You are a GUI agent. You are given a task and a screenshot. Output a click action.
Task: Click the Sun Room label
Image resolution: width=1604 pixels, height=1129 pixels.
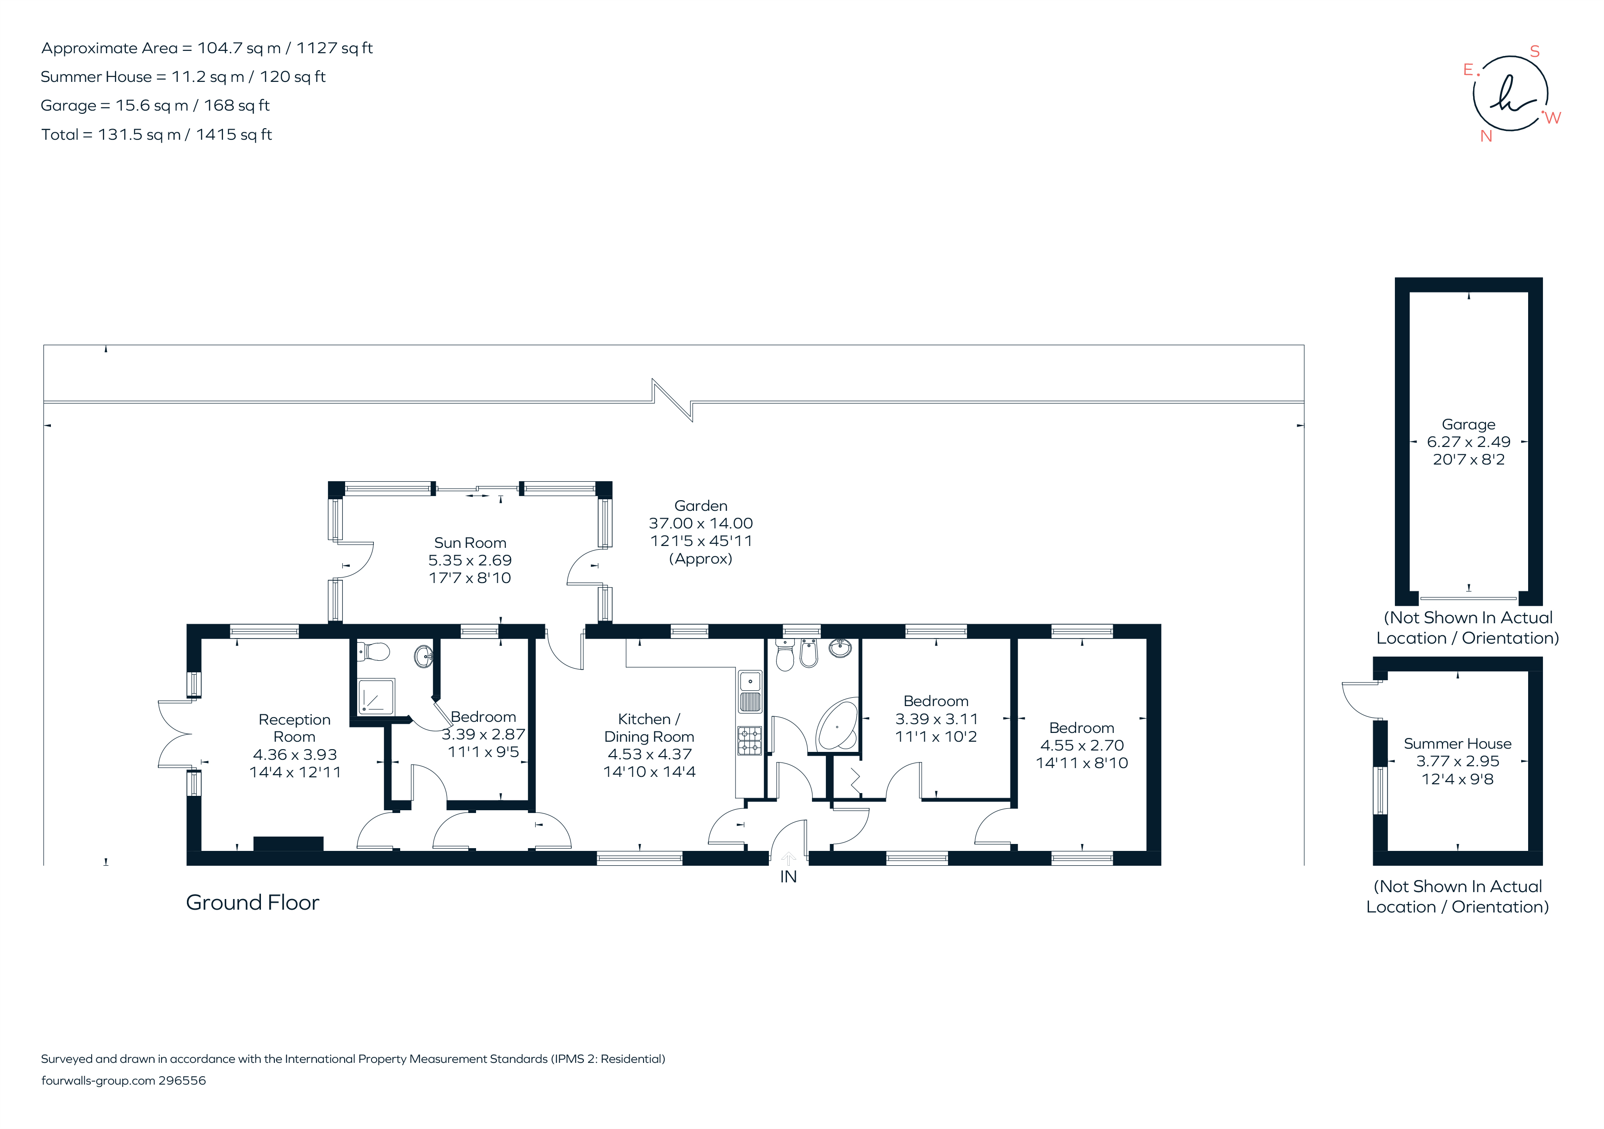tap(470, 543)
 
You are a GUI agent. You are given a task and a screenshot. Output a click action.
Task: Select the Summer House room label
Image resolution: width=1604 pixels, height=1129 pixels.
tap(1457, 744)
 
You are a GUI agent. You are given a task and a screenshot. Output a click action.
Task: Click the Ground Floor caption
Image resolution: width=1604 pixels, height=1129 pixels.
tap(252, 903)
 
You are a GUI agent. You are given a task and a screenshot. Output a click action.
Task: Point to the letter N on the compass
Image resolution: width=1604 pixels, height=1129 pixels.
tap(1486, 136)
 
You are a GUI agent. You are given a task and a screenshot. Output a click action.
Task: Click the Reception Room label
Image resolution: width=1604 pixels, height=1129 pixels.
tap(294, 728)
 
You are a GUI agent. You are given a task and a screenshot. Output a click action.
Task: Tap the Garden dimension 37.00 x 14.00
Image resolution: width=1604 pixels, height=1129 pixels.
tap(701, 523)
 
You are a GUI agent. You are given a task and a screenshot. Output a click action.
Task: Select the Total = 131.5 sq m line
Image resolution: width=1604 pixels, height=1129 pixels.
tap(156, 134)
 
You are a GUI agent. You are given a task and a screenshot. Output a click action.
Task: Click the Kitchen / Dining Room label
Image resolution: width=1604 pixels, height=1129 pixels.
tap(649, 727)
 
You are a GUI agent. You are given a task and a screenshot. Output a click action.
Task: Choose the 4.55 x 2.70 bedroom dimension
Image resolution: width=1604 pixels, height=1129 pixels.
tap(1082, 745)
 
